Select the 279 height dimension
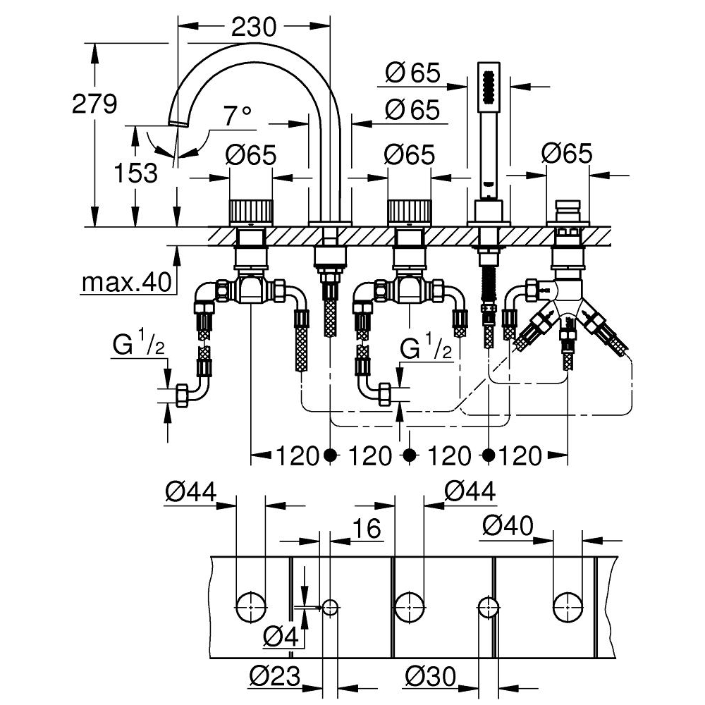(94, 104)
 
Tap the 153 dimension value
(136, 173)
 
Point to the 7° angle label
(238, 116)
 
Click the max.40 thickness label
(127, 283)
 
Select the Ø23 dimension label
(275, 676)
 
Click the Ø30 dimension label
(430, 676)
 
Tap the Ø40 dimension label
(508, 525)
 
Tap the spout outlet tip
(178, 123)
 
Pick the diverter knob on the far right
(568, 211)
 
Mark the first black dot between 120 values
(331, 455)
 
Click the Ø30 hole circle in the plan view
(489, 608)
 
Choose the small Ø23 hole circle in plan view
(331, 608)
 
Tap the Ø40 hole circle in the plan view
(568, 608)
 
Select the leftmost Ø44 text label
(190, 491)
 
